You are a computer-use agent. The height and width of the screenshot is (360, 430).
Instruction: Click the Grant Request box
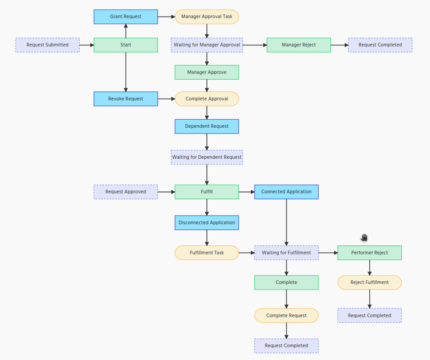(126, 17)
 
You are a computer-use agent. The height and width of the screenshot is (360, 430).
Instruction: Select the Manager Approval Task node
(206, 17)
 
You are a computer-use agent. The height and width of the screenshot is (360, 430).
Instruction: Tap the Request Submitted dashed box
(48, 45)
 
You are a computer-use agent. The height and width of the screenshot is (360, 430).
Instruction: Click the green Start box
(126, 45)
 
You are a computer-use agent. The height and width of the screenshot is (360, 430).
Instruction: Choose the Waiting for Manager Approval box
(206, 45)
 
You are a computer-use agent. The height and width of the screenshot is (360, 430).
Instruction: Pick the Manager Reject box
(299, 45)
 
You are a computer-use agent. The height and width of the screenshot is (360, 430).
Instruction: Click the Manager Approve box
(206, 72)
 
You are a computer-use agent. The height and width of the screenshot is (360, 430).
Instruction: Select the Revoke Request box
(126, 99)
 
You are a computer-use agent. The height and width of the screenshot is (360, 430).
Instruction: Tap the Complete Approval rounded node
(206, 99)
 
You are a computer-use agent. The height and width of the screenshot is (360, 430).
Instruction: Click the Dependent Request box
(206, 126)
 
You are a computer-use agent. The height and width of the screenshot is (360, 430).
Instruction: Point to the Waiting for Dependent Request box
(206, 157)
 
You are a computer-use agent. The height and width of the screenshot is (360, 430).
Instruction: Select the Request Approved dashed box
(126, 191)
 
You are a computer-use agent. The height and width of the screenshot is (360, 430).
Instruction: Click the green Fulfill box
(206, 191)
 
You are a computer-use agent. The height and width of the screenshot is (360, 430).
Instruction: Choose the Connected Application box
(286, 191)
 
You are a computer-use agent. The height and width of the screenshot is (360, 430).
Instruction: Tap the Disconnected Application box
(206, 222)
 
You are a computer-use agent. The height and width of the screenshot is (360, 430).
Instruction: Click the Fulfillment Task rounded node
(206, 252)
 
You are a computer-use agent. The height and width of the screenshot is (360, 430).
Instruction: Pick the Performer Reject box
(369, 252)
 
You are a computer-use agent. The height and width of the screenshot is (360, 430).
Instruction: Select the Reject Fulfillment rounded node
(369, 282)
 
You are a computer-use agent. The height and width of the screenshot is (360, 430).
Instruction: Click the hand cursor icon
(364, 237)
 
